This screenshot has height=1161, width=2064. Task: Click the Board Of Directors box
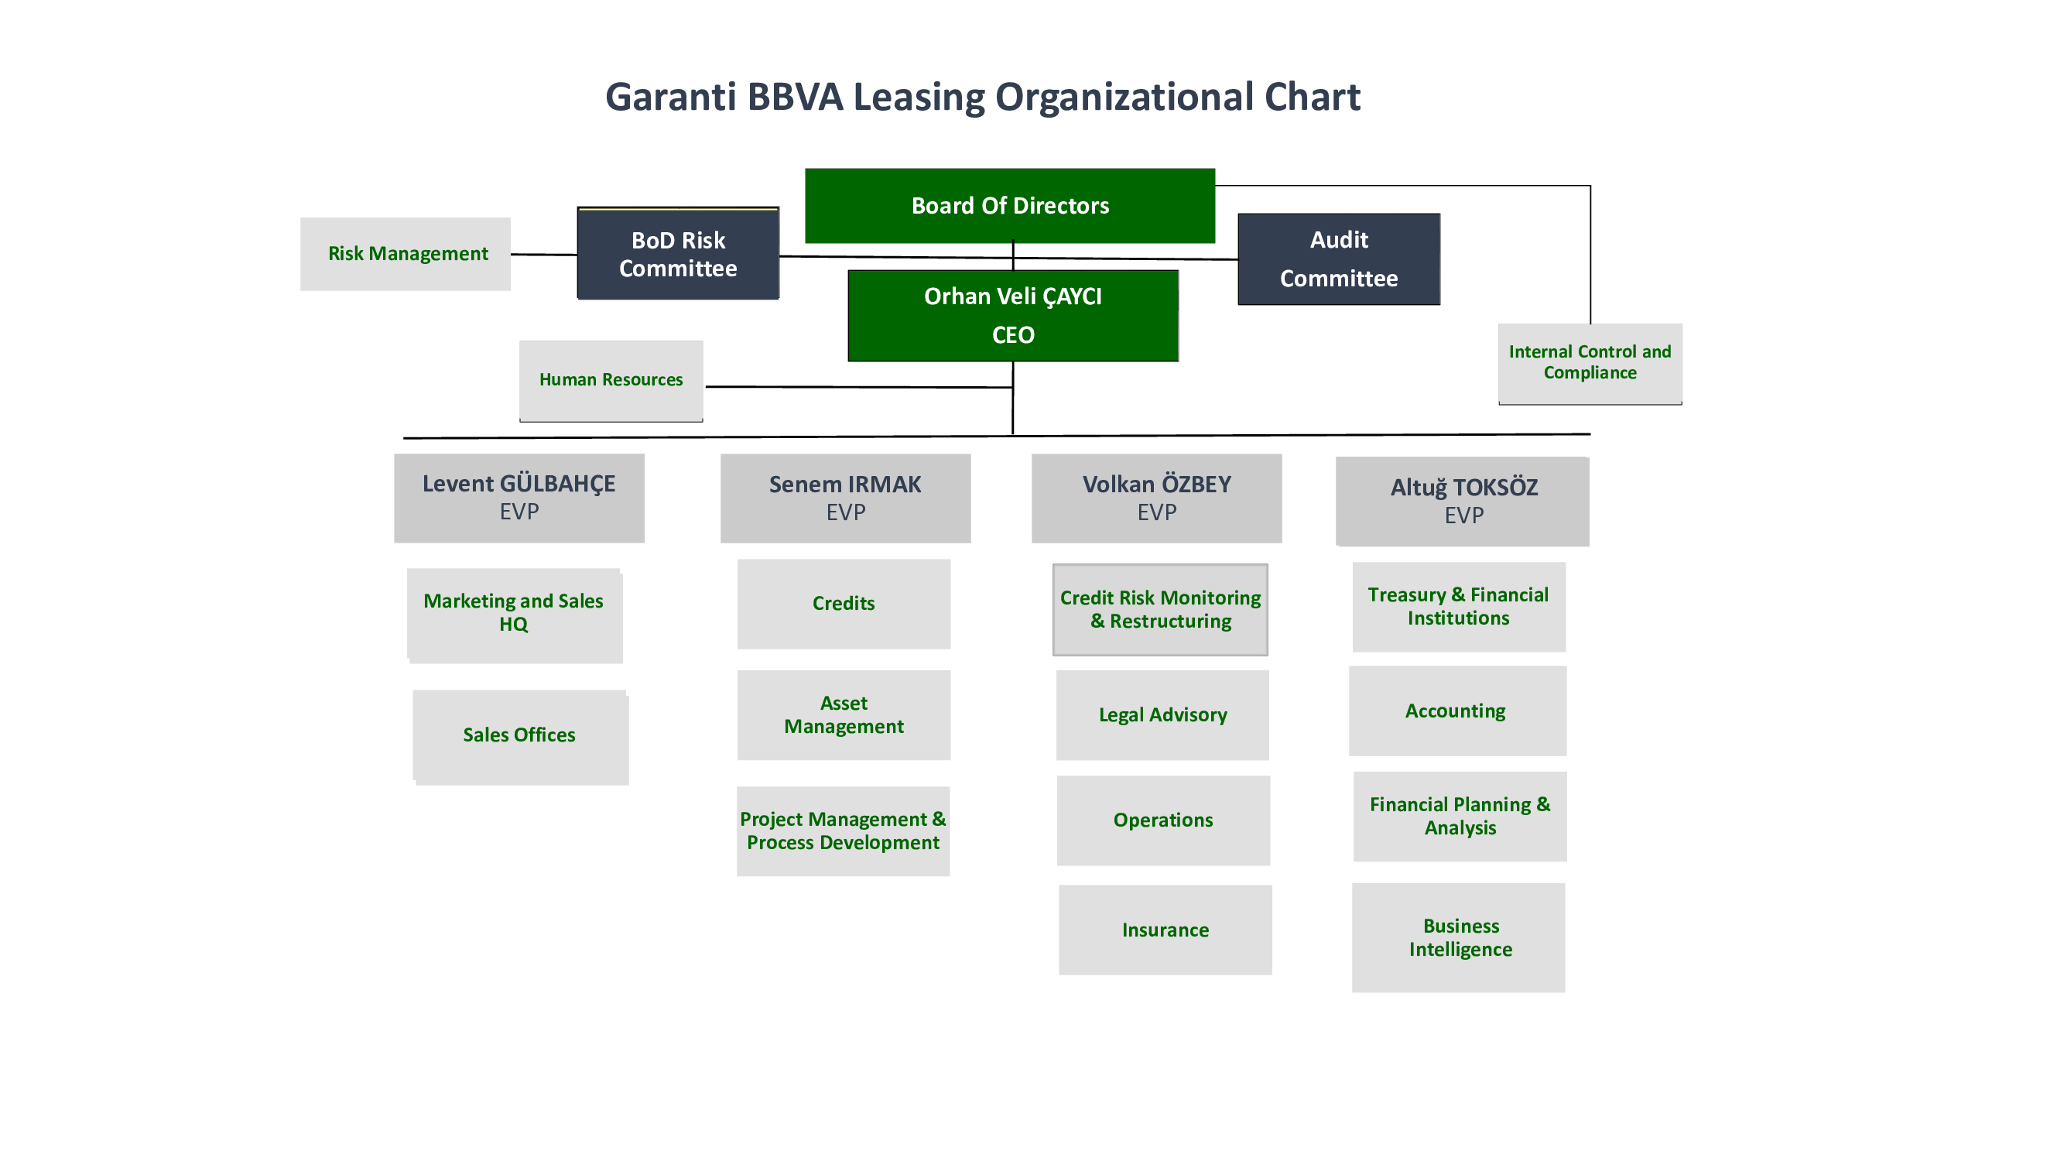[1010, 206]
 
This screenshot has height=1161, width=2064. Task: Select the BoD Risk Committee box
[678, 254]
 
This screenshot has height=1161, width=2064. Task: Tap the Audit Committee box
[1338, 259]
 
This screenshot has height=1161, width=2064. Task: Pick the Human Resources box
[611, 380]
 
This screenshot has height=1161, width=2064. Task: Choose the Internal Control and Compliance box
[1590, 363]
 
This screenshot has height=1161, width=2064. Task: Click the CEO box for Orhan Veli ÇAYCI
[1013, 316]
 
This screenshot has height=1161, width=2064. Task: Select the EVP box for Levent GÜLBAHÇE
[519, 498]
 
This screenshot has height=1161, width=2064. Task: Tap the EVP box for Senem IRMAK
[845, 498]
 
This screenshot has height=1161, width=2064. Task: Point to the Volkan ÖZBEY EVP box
[1156, 498]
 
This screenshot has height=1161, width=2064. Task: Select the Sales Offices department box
[520, 735]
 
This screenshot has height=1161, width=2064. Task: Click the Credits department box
[844, 604]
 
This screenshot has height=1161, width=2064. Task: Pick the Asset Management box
[844, 714]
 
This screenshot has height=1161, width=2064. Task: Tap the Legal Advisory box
[1162, 714]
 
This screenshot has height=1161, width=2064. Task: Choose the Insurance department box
[1165, 930]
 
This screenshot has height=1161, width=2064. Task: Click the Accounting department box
[1456, 711]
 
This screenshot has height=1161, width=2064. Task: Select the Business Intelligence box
[1458, 937]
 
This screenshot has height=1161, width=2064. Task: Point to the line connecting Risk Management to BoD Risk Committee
[543, 255]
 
